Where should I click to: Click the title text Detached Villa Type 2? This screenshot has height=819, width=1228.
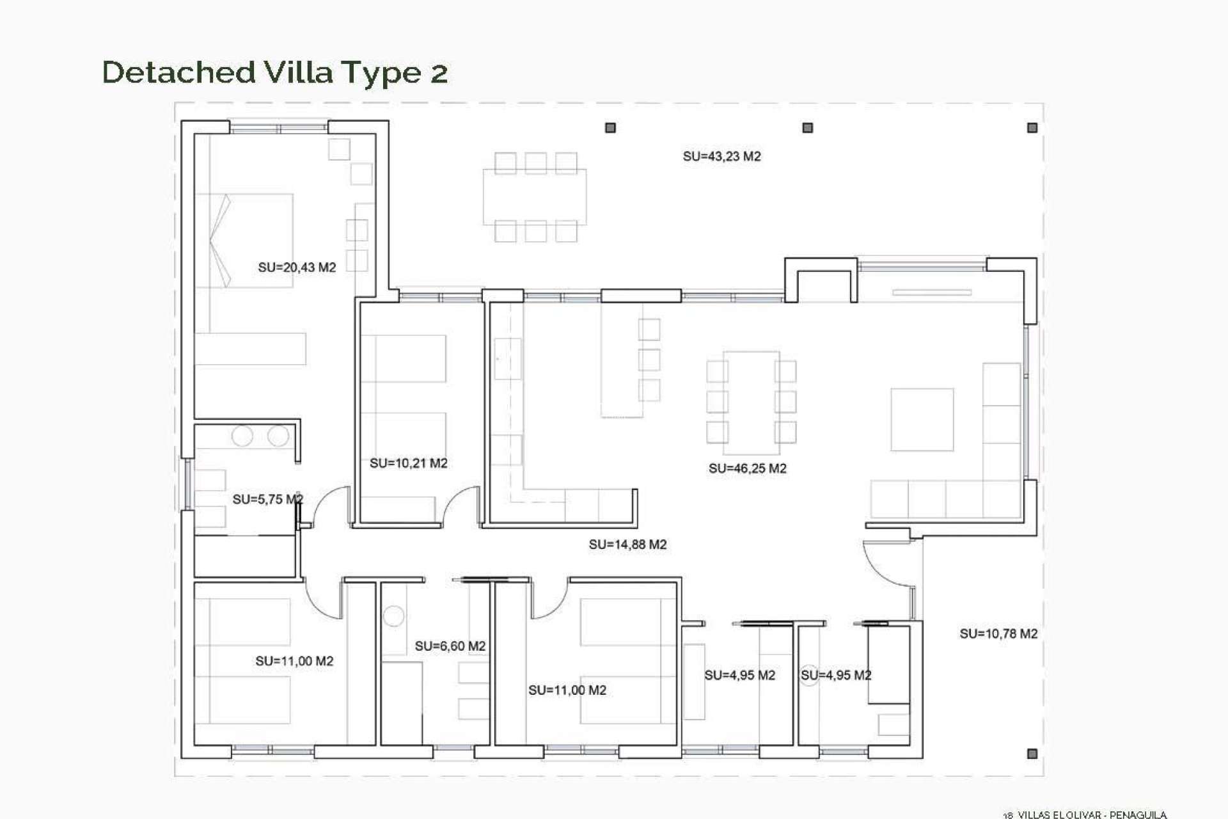pos(275,72)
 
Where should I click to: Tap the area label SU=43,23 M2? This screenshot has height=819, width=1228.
pos(721,156)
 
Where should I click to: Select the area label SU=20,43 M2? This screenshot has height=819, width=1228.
pos(297,267)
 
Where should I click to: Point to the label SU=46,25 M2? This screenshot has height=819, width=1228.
pos(747,468)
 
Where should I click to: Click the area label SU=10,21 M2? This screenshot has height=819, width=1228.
pos(408,463)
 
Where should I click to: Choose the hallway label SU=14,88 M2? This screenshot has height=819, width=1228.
pos(627,545)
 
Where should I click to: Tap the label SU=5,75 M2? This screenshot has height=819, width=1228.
pos(267,499)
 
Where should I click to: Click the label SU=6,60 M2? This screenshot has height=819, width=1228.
pos(450,646)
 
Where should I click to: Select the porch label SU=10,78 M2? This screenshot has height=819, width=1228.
pos(998,633)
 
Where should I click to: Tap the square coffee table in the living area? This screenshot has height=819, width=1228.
pos(922,420)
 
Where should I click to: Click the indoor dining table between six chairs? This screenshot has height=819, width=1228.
pos(751,397)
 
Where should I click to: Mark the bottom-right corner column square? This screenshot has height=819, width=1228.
pos(1032,754)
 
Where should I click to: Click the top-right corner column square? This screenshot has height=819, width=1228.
pos(1032,128)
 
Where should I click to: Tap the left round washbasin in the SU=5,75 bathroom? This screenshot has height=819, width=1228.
pos(242,436)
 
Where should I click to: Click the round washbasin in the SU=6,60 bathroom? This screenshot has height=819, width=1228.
pos(393,617)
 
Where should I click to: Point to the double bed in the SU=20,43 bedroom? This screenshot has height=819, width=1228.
pos(244,241)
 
